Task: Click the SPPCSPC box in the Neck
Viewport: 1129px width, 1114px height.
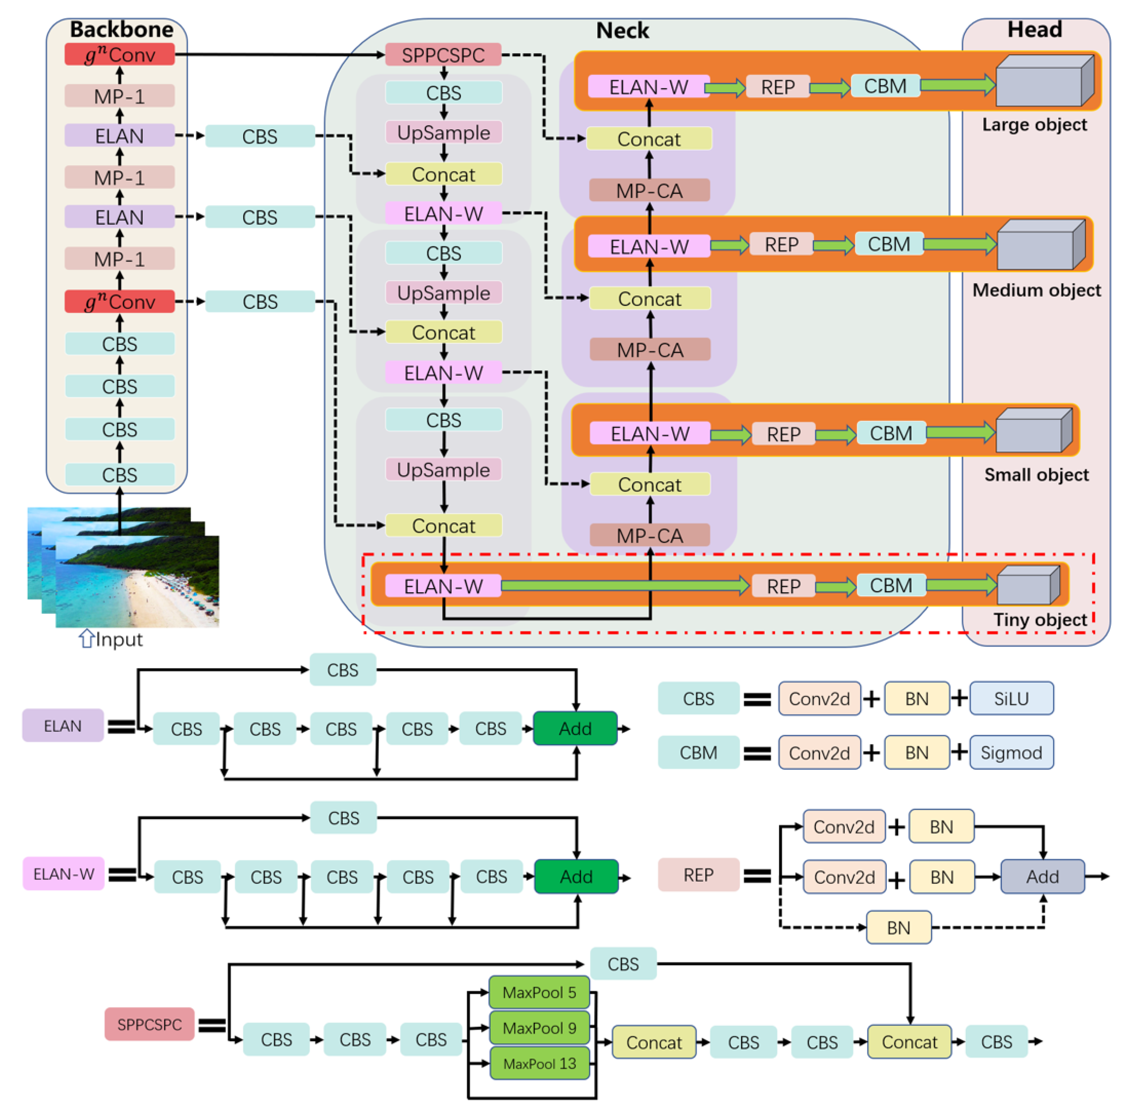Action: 443,55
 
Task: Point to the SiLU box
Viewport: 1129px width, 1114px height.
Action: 1011,698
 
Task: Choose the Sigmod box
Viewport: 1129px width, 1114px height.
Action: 1011,752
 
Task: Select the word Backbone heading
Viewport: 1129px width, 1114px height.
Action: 122,29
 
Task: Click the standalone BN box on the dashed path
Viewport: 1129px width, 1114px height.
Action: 898,927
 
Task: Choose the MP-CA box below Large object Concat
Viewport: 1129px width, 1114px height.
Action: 649,190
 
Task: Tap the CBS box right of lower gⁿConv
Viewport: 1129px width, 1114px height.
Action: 260,302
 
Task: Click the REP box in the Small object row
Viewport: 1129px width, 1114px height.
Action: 783,434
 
